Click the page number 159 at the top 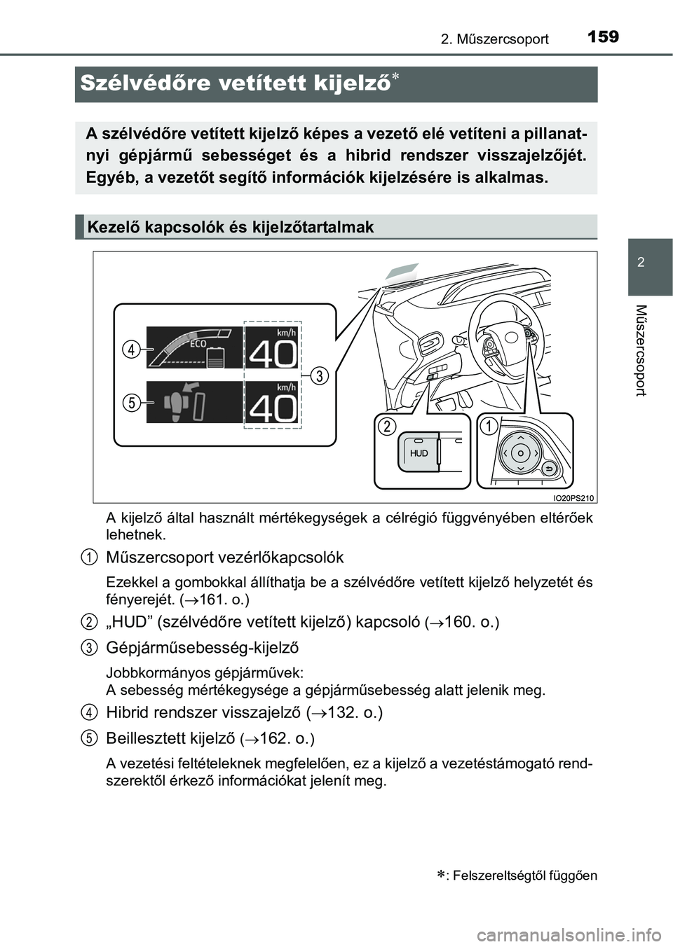[x=603, y=36]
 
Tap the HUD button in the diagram [x=419, y=453]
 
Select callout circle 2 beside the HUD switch [x=386, y=426]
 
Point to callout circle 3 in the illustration [x=319, y=375]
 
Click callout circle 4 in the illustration [x=131, y=348]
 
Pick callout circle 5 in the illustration [x=131, y=402]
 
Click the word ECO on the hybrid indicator [x=198, y=344]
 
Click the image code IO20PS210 [x=573, y=498]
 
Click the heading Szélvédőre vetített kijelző [x=235, y=83]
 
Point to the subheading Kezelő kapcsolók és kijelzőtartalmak [x=231, y=227]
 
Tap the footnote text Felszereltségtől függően [x=525, y=875]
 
